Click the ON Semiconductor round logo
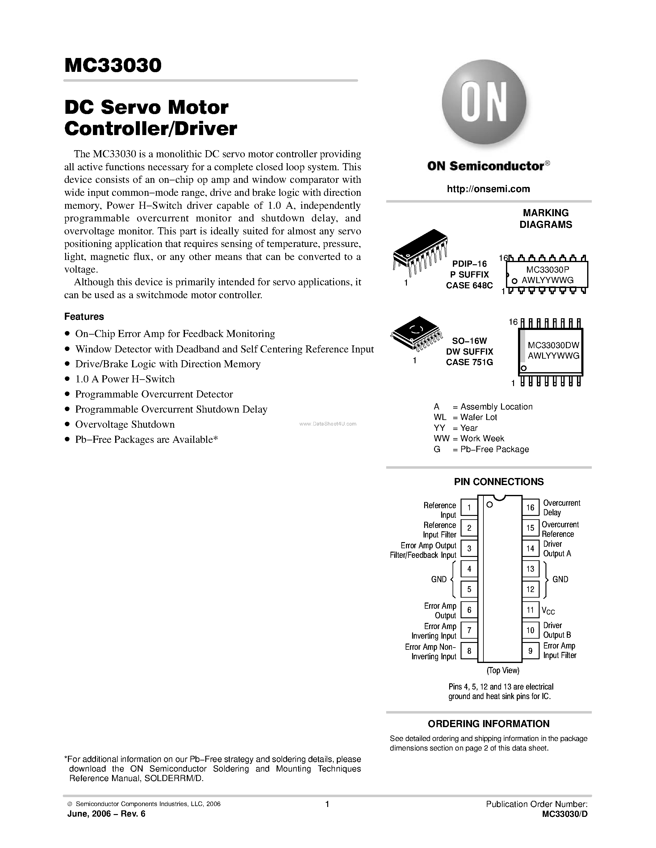[484, 102]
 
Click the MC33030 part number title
[113, 65]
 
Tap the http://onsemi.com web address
[488, 189]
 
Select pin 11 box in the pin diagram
[530, 610]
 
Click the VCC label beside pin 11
[548, 611]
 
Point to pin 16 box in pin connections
[530, 508]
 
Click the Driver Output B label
[557, 630]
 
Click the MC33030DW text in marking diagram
[554, 345]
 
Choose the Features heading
[84, 316]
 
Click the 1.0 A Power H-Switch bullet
[125, 379]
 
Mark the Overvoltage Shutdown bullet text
[125, 424]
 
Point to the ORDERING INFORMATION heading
[488, 724]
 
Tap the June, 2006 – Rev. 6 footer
[106, 814]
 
